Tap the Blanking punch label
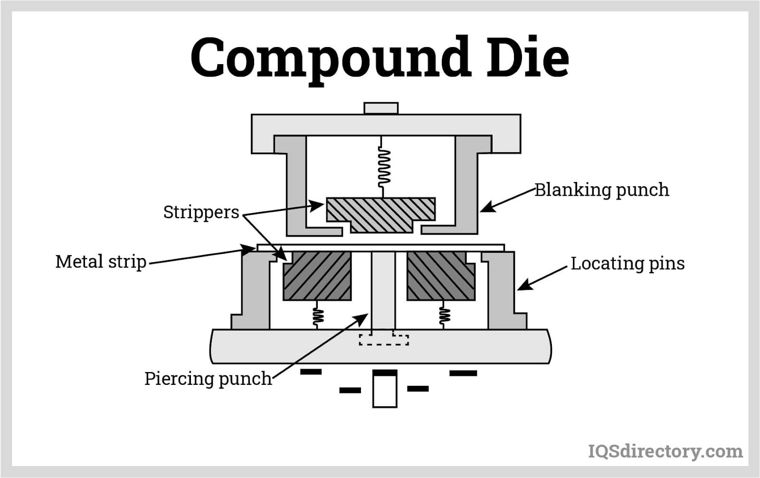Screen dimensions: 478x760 click(601, 190)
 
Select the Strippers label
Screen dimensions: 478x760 click(201, 212)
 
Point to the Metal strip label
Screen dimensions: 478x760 click(101, 262)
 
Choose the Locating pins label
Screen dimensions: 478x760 click(627, 263)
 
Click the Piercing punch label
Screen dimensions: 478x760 click(208, 379)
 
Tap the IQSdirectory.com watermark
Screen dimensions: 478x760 click(665, 450)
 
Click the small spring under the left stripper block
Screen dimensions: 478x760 click(317, 315)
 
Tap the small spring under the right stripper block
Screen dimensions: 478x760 click(444, 315)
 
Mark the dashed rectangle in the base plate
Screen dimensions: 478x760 click(384, 339)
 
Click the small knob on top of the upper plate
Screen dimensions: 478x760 click(381, 108)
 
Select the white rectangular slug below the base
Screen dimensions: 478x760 click(384, 391)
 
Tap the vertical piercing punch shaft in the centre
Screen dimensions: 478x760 click(383, 290)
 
